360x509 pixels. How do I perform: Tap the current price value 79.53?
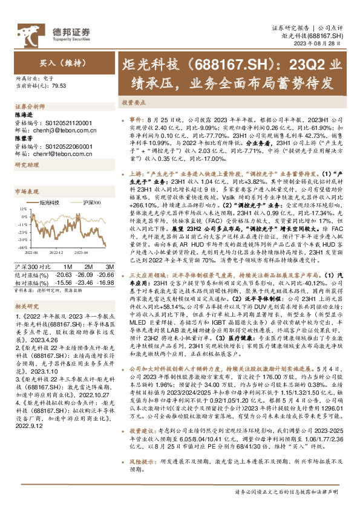[x=59, y=86]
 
